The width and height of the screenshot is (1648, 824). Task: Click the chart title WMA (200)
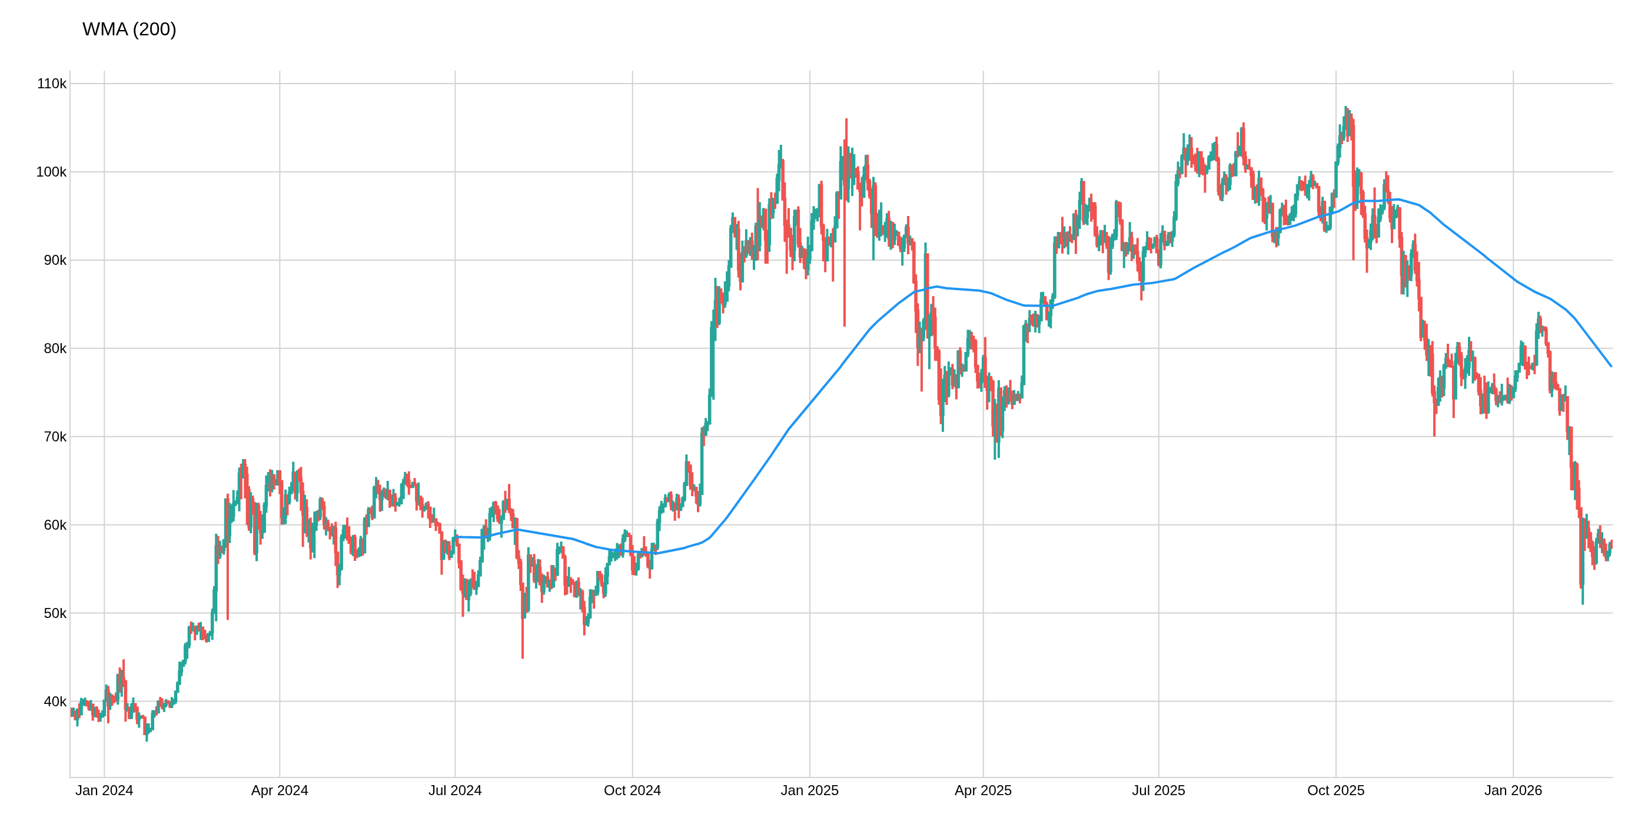click(129, 29)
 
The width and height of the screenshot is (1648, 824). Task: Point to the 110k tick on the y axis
click(51, 84)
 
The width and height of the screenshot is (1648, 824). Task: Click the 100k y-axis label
click(51, 172)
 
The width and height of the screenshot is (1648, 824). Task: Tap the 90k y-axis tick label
click(54, 260)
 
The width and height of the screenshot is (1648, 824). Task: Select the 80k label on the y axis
click(54, 348)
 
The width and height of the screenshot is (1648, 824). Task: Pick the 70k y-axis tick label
click(54, 437)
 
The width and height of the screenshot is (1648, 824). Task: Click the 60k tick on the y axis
click(54, 525)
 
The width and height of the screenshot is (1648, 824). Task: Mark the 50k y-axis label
click(54, 613)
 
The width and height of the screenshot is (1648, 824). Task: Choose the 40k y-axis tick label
click(54, 702)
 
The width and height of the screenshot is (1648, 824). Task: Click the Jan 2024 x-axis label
click(104, 790)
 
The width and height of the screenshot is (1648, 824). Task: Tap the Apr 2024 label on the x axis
click(280, 790)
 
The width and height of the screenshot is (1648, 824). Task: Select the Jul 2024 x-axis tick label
click(455, 790)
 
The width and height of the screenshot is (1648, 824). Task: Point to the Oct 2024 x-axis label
click(632, 790)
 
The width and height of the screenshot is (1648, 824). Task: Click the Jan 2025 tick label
click(809, 790)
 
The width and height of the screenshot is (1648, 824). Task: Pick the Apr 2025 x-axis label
click(983, 790)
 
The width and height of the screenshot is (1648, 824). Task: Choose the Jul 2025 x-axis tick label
click(1158, 790)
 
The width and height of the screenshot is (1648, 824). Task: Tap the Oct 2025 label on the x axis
click(1336, 790)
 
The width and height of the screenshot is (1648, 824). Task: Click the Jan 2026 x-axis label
click(1513, 790)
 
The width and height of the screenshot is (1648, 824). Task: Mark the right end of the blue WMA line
click(1611, 366)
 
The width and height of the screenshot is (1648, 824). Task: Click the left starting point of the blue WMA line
click(456, 537)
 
